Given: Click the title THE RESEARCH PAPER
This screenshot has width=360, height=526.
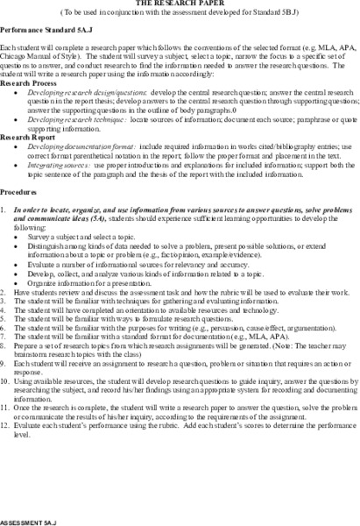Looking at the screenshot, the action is [x=180, y=4].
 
